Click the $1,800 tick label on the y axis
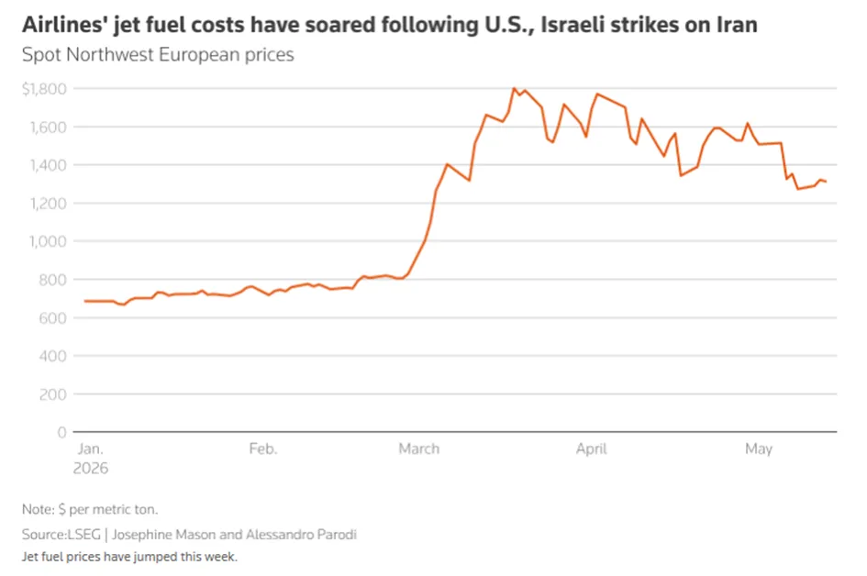coord(44,88)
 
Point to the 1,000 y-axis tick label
coord(48,241)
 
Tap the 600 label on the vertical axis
coord(52,318)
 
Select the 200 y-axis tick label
coord(52,394)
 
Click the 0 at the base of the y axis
coord(62,432)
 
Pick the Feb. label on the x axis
coord(262,449)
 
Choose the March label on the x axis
coord(419,449)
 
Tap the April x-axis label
coord(591,449)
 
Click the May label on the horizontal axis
coord(759,449)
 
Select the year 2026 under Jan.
coord(91,468)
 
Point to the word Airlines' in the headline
coord(64,25)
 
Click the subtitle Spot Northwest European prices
coord(158,55)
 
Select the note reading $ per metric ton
coord(108,509)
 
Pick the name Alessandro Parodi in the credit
coord(301,535)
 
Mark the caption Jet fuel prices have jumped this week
coord(129,557)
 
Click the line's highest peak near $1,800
coord(514,88)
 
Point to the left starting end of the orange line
coord(84,301)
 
